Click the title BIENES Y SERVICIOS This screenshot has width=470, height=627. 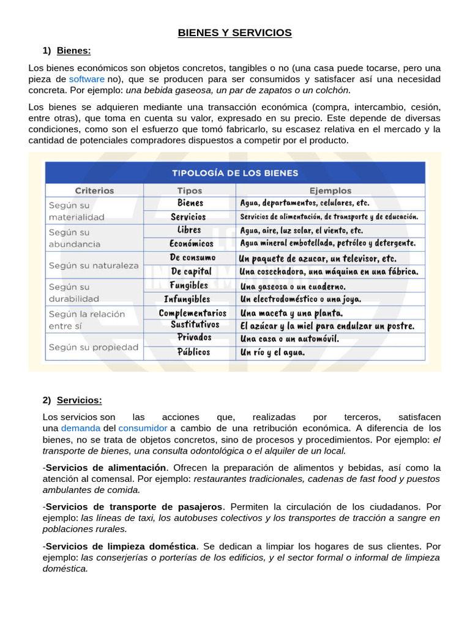pyautogui.click(x=234, y=32)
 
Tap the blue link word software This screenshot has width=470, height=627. pyautogui.click(x=86, y=80)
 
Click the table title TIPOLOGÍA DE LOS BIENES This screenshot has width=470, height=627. pyautogui.click(x=235, y=173)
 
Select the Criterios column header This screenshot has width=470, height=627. pyautogui.click(x=94, y=190)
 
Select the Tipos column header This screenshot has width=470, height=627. pyautogui.click(x=190, y=190)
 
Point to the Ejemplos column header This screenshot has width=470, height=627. pyautogui.click(x=330, y=190)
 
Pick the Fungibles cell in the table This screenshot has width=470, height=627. pyautogui.click(x=189, y=285)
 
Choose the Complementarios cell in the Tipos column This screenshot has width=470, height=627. pyautogui.click(x=192, y=313)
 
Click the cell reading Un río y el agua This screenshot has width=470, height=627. pyautogui.click(x=272, y=353)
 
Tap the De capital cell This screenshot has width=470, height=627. pyautogui.click(x=191, y=271)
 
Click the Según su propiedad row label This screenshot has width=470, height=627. pyautogui.click(x=93, y=347)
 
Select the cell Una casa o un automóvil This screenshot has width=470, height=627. pyautogui.click(x=289, y=339)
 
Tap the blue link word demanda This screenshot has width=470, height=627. pyautogui.click(x=81, y=428)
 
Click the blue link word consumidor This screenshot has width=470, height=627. pyautogui.click(x=143, y=428)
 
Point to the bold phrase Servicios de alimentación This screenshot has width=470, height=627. pyautogui.click(x=106, y=468)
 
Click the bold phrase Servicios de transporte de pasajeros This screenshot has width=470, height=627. pyautogui.click(x=135, y=507)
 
